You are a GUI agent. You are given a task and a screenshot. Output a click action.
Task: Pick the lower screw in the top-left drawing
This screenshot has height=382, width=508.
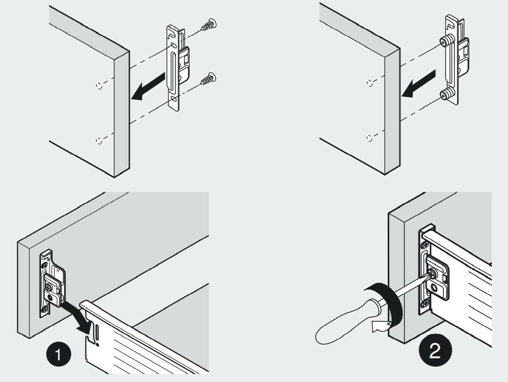pos(207,79)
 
